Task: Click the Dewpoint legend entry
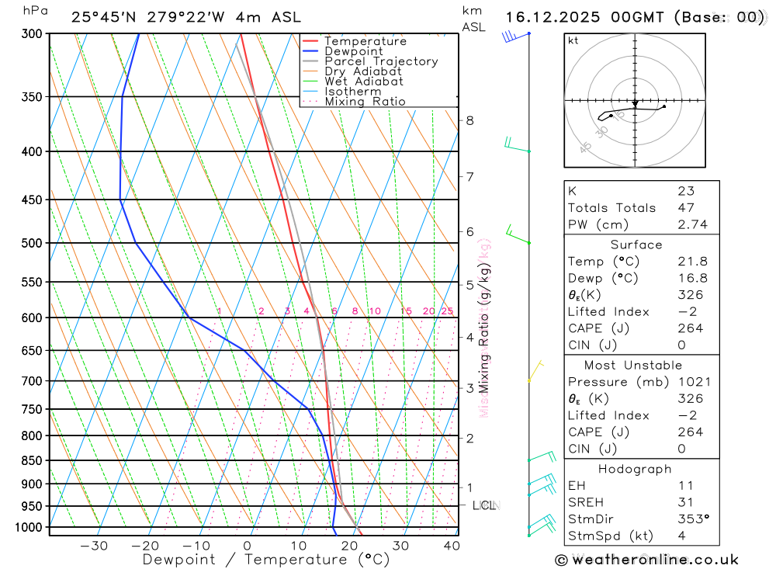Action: click(x=353, y=51)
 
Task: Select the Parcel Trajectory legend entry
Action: click(x=381, y=61)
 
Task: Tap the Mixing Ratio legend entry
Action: click(x=365, y=102)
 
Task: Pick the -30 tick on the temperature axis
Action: click(x=94, y=546)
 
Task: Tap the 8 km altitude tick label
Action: click(x=469, y=120)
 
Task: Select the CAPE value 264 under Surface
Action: click(x=690, y=328)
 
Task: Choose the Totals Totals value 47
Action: click(x=686, y=208)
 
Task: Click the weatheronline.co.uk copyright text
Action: click(x=646, y=560)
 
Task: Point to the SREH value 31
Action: click(x=686, y=502)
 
